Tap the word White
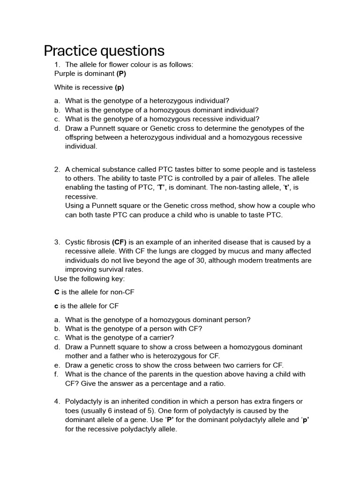[x=64, y=87]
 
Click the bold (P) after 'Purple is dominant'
[x=121, y=74]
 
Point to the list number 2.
[x=57, y=169]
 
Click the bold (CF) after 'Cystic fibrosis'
[x=119, y=242]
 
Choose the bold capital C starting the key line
[x=57, y=292]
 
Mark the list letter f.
[x=56, y=374]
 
